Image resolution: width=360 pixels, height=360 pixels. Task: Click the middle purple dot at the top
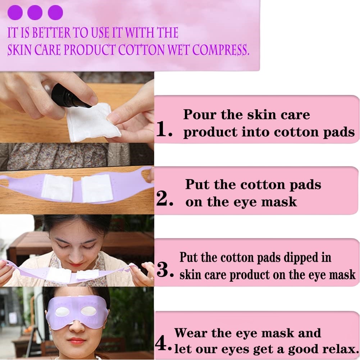(35, 12)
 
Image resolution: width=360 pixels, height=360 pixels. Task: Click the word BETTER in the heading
(51, 32)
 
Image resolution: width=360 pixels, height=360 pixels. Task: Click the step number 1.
(164, 129)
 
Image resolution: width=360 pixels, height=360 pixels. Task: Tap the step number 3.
(165, 269)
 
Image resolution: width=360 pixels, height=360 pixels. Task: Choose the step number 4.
(163, 342)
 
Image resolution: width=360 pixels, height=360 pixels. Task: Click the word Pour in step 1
(200, 114)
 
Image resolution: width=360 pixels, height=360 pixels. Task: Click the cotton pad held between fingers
(93, 122)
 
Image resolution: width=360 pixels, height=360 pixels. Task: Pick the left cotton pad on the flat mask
(56, 187)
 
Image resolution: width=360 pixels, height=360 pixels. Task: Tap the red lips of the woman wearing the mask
(77, 341)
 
